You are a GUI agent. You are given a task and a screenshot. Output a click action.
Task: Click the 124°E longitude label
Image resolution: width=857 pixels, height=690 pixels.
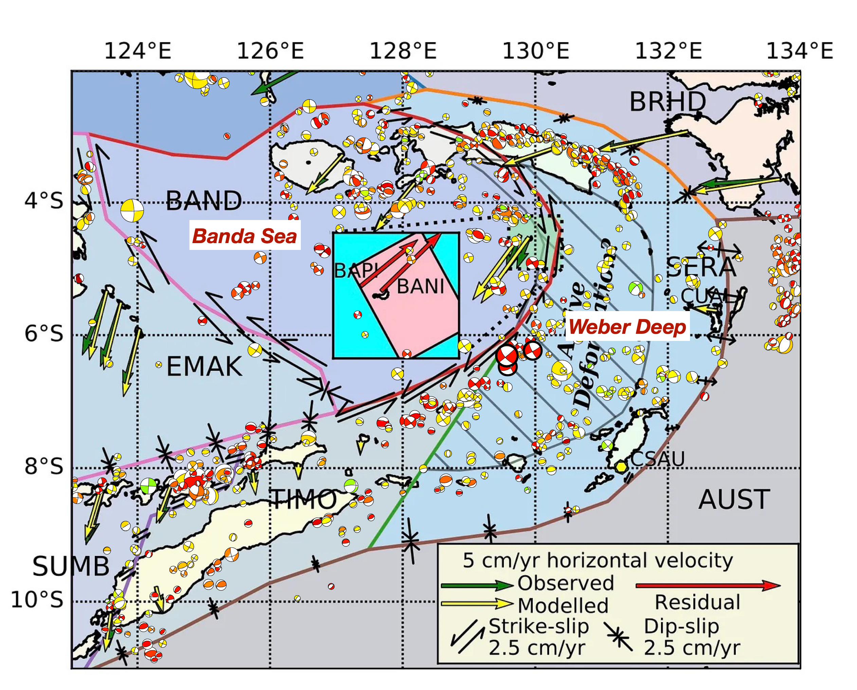pyautogui.click(x=138, y=51)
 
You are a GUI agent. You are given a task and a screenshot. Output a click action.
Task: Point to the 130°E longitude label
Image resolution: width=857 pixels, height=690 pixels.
pyautogui.click(x=536, y=51)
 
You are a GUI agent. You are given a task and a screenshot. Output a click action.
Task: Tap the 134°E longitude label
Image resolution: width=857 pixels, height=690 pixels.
pyautogui.click(x=799, y=51)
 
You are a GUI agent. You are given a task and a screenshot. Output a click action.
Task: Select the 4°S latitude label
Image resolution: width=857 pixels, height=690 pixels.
pyautogui.click(x=44, y=201)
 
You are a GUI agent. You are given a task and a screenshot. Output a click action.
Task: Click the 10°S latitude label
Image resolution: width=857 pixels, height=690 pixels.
pyautogui.click(x=37, y=600)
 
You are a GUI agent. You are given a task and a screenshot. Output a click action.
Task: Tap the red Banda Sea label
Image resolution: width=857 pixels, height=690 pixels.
pyautogui.click(x=244, y=236)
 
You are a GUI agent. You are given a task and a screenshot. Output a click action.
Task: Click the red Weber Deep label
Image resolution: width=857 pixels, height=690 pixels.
pyautogui.click(x=627, y=327)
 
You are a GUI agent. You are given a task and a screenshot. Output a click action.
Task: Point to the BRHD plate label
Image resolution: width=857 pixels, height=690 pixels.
pyautogui.click(x=668, y=102)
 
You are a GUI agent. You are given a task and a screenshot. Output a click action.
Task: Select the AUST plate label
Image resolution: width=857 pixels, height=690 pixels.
pyautogui.click(x=734, y=500)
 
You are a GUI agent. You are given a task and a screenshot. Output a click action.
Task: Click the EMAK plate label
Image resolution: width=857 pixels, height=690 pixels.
pyautogui.click(x=204, y=366)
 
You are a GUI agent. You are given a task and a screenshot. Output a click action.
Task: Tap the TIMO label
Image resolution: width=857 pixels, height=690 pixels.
pyautogui.click(x=304, y=500)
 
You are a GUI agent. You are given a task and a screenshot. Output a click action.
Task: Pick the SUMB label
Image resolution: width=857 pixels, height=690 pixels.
pyautogui.click(x=71, y=566)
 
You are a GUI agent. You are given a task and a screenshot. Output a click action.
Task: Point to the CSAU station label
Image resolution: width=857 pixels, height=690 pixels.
pyautogui.click(x=658, y=459)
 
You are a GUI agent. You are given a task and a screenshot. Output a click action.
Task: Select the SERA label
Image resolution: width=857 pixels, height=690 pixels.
pyautogui.click(x=700, y=268)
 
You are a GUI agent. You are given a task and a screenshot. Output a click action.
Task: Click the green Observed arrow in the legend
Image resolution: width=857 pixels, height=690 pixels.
pyautogui.click(x=477, y=585)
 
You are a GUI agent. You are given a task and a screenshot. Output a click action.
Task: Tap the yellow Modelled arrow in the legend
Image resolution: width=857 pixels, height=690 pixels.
pyautogui.click(x=477, y=604)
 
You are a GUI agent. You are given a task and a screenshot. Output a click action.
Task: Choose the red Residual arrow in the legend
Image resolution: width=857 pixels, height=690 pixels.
pyautogui.click(x=708, y=585)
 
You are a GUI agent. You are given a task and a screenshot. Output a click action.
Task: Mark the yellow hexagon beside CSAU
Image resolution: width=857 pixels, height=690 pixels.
pyautogui.click(x=621, y=467)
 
